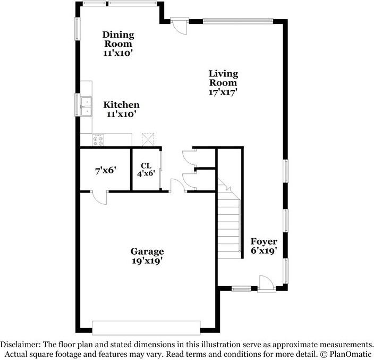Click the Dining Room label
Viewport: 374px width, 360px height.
[118, 39]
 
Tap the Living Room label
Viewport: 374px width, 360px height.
[223, 78]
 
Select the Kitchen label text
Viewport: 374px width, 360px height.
[122, 105]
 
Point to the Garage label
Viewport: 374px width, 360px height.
[147, 251]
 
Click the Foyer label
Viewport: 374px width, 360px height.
[264, 241]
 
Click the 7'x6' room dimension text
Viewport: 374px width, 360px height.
[106, 171]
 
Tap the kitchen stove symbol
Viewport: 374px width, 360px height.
[99, 140]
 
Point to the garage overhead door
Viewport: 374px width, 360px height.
[146, 327]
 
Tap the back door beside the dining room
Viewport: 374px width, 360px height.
[180, 25]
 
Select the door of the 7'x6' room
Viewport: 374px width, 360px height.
[99, 197]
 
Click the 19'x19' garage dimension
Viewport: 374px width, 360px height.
[147, 261]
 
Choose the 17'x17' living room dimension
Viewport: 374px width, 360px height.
[223, 91]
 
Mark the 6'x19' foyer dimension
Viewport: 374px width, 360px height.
[264, 251]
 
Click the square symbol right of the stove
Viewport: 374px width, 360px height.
[147, 140]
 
